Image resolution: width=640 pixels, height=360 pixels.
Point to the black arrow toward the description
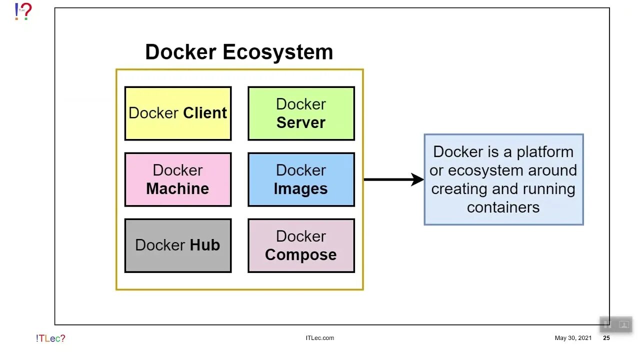point(393,179)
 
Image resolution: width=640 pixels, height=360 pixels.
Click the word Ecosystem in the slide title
point(277,52)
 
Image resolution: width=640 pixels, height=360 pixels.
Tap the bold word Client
point(204,113)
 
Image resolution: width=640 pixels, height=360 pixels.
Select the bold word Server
point(301,122)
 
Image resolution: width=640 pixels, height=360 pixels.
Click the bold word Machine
point(177,188)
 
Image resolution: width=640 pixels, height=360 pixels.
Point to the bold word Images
point(301,188)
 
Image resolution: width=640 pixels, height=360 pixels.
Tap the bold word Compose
point(301,254)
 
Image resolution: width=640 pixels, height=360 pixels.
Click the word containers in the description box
point(503,207)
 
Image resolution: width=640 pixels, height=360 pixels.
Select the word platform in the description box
point(545,152)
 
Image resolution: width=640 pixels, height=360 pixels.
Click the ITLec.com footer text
point(319,338)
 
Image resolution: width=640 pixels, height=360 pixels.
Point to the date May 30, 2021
point(573,338)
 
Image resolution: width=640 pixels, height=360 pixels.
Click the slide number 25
point(606,338)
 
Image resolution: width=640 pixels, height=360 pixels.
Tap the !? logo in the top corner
point(23,11)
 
